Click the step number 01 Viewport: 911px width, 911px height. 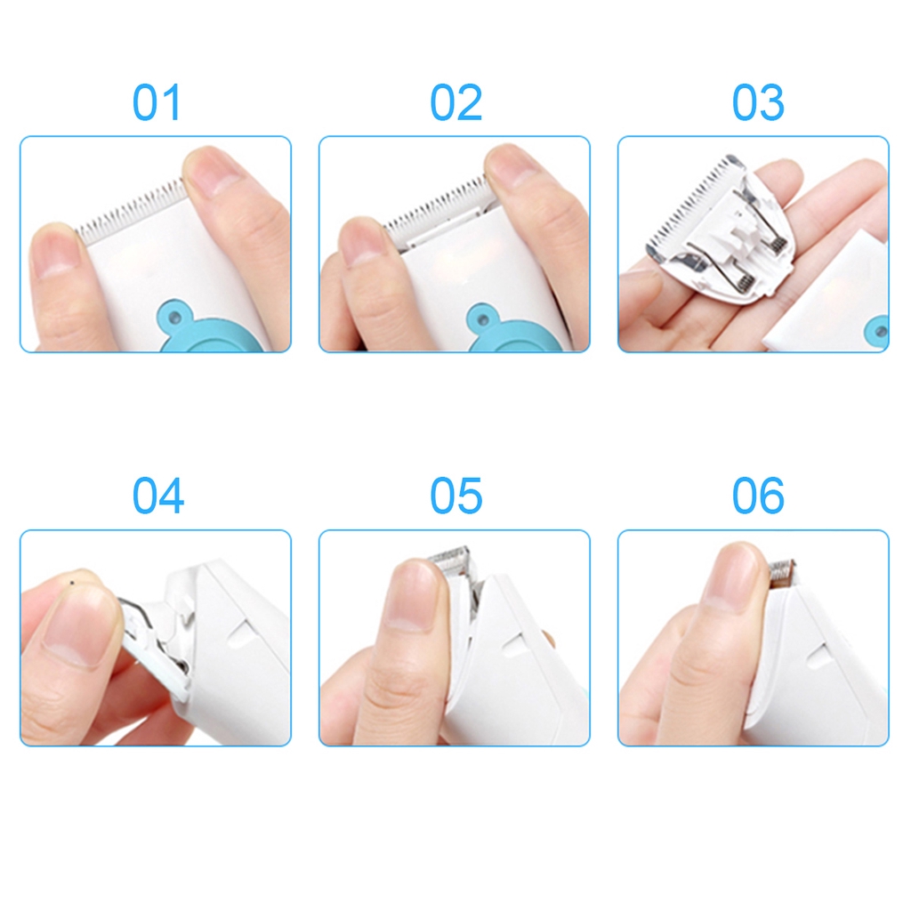coord(157,102)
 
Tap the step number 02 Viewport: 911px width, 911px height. coord(455,102)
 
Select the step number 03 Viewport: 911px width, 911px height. coord(758,102)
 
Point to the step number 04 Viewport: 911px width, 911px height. coord(157,496)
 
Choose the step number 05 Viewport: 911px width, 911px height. coord(455,496)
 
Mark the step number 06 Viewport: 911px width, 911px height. coord(758,496)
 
